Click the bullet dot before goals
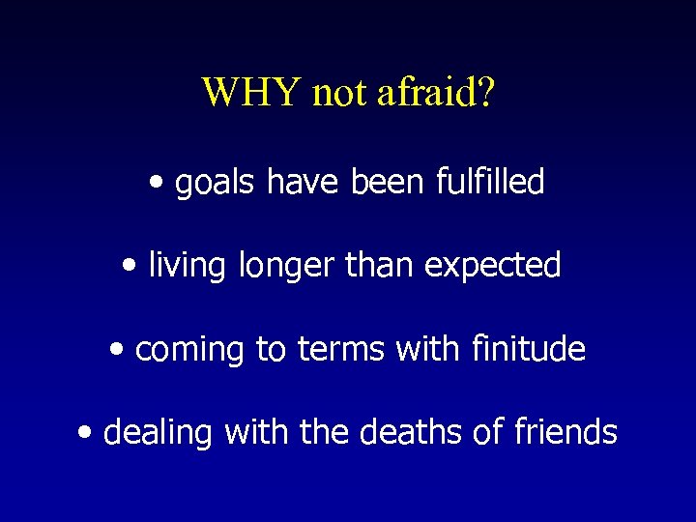(157, 183)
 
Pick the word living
(182, 266)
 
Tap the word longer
(273, 266)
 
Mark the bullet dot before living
(130, 266)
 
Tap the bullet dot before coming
(117, 350)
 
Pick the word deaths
(412, 432)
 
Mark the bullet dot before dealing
(85, 433)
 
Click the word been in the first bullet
(385, 181)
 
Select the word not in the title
(338, 93)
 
